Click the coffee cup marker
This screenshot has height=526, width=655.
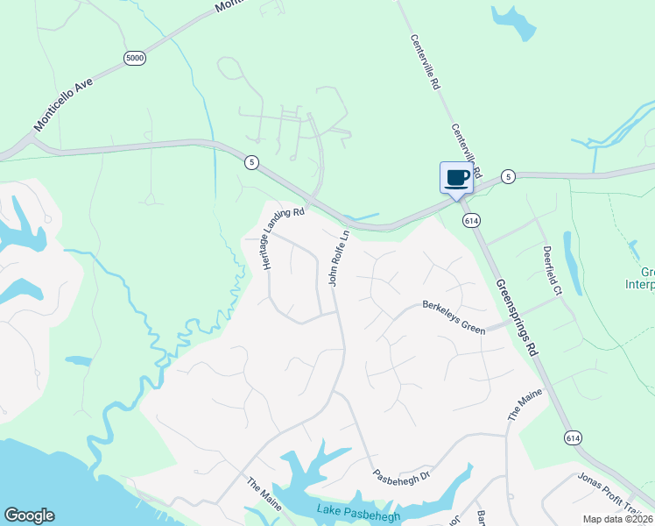[456, 178]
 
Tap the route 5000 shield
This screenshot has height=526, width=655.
[135, 58]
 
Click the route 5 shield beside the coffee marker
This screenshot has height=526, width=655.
[507, 177]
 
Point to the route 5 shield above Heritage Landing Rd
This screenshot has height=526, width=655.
[251, 162]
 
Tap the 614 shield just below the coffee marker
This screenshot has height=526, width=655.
[472, 222]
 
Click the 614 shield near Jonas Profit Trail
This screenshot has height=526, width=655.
[573, 437]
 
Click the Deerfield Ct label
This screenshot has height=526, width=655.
[553, 270]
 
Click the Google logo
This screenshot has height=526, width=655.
[30, 515]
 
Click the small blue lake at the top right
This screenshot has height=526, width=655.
[515, 23]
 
